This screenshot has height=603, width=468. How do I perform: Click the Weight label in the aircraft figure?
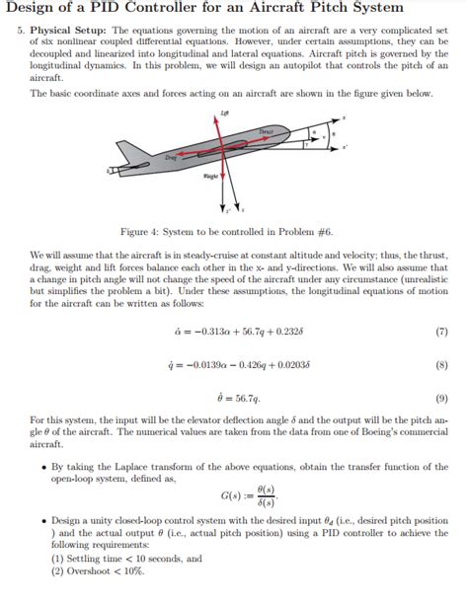click(209, 178)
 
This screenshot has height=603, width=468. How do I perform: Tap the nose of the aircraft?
click(318, 127)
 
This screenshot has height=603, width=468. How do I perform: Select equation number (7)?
click(441, 332)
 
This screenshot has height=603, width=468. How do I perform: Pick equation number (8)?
click(441, 364)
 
